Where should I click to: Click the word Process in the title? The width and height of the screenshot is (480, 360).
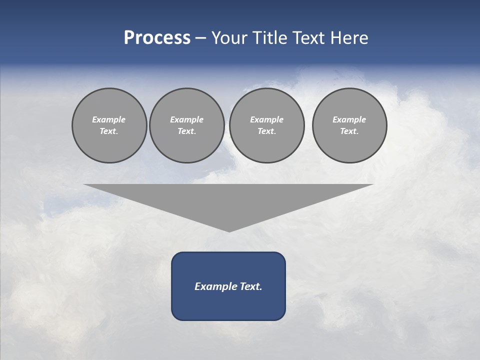coord(157,38)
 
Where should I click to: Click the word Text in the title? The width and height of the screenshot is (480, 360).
coord(308,38)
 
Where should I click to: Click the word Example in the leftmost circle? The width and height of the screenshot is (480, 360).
coord(109,119)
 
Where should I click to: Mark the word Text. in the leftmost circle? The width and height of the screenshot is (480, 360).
coord(109,131)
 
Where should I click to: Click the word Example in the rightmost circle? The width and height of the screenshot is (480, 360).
coord(349,119)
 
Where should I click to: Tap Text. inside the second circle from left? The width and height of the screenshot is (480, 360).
coord(186,131)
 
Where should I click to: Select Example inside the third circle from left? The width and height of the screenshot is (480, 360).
coord(266,119)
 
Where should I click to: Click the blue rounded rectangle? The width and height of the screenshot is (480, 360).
coord(228,305)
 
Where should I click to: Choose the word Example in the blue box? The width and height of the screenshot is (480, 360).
coord(214,286)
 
